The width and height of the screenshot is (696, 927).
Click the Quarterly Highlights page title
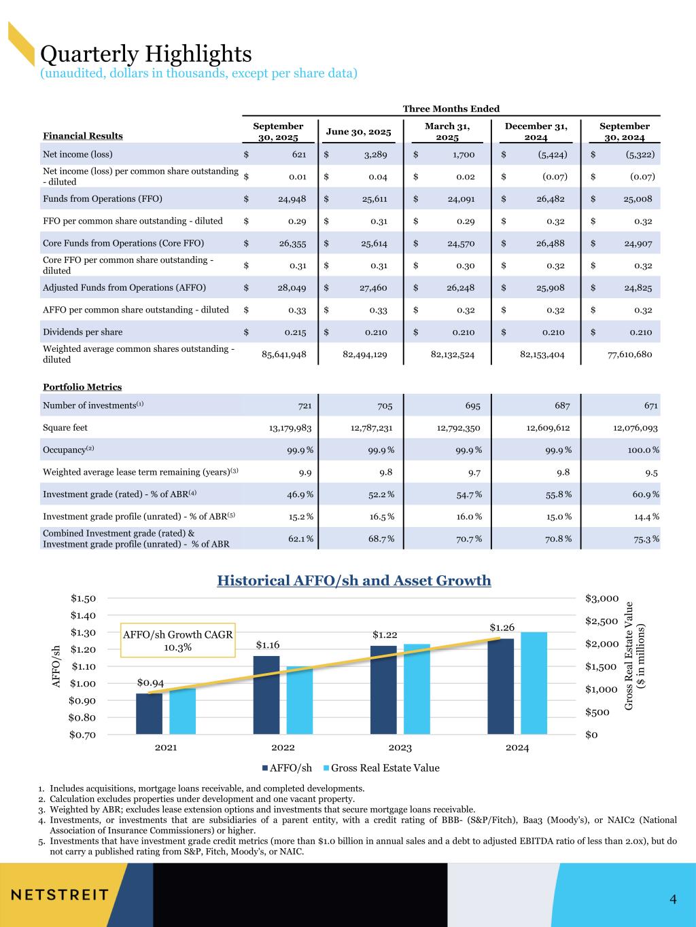[x=146, y=53]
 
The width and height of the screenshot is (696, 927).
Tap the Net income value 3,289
[x=374, y=155]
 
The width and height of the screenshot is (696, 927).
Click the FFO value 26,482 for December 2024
[x=550, y=199]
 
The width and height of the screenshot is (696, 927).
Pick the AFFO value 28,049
[x=292, y=288]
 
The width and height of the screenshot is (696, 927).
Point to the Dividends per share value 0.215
[x=295, y=332]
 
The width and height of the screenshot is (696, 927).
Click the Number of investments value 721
[x=305, y=405]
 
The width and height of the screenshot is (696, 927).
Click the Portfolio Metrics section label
[x=82, y=387]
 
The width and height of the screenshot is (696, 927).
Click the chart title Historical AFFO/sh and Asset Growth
[x=353, y=581]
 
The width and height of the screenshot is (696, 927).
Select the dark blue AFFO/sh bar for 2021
[x=149, y=713]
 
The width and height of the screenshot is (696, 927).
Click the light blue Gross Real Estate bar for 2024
[x=534, y=683]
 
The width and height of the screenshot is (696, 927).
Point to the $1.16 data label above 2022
[x=268, y=644]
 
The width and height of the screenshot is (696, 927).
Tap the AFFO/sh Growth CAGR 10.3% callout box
[x=177, y=640]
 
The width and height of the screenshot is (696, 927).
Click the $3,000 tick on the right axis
[x=602, y=598]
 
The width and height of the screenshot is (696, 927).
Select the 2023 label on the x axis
[x=400, y=748]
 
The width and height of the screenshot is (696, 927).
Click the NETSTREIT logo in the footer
[x=60, y=894]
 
